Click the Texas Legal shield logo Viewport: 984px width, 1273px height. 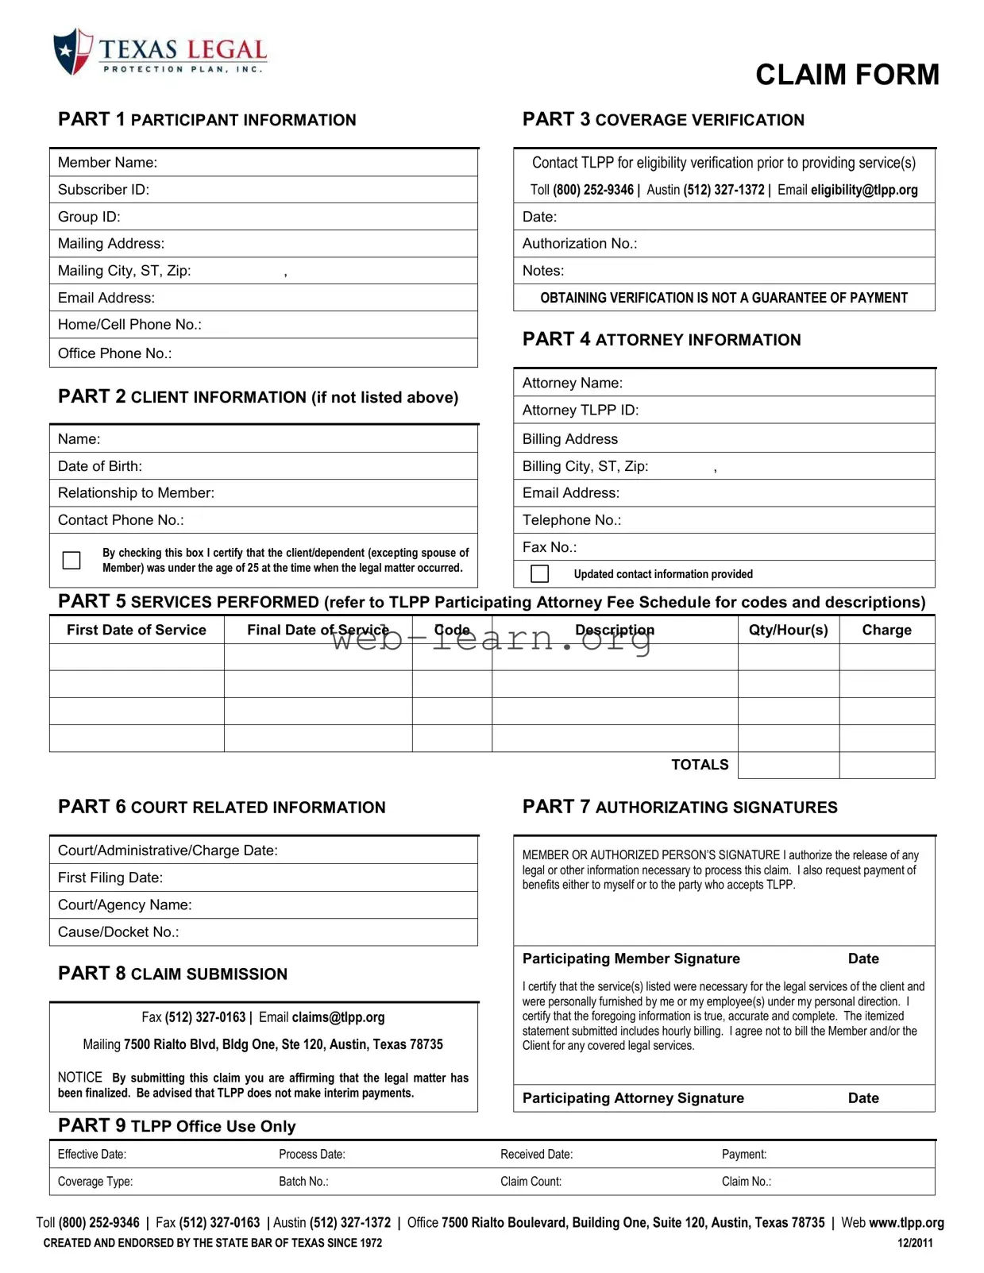72,52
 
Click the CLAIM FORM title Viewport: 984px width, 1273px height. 847,75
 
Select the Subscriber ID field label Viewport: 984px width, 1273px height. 103,190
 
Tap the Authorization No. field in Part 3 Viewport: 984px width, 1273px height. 723,244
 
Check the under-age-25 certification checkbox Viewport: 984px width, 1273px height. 71,560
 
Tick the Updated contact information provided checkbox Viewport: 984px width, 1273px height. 539,573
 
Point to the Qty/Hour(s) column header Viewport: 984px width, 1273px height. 788,630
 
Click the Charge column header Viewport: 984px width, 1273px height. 886,630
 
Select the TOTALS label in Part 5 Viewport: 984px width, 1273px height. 699,765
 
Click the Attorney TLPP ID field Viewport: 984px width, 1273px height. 723,411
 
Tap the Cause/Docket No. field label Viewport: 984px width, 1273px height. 118,932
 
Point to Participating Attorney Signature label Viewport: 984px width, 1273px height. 633,1098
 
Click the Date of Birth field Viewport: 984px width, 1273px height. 262,466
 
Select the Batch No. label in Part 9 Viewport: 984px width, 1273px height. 303,1182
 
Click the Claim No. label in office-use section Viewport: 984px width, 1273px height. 746,1182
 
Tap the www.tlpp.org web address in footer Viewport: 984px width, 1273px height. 906,1223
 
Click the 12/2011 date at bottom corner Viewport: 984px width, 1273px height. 915,1243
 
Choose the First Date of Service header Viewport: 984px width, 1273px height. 136,630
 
